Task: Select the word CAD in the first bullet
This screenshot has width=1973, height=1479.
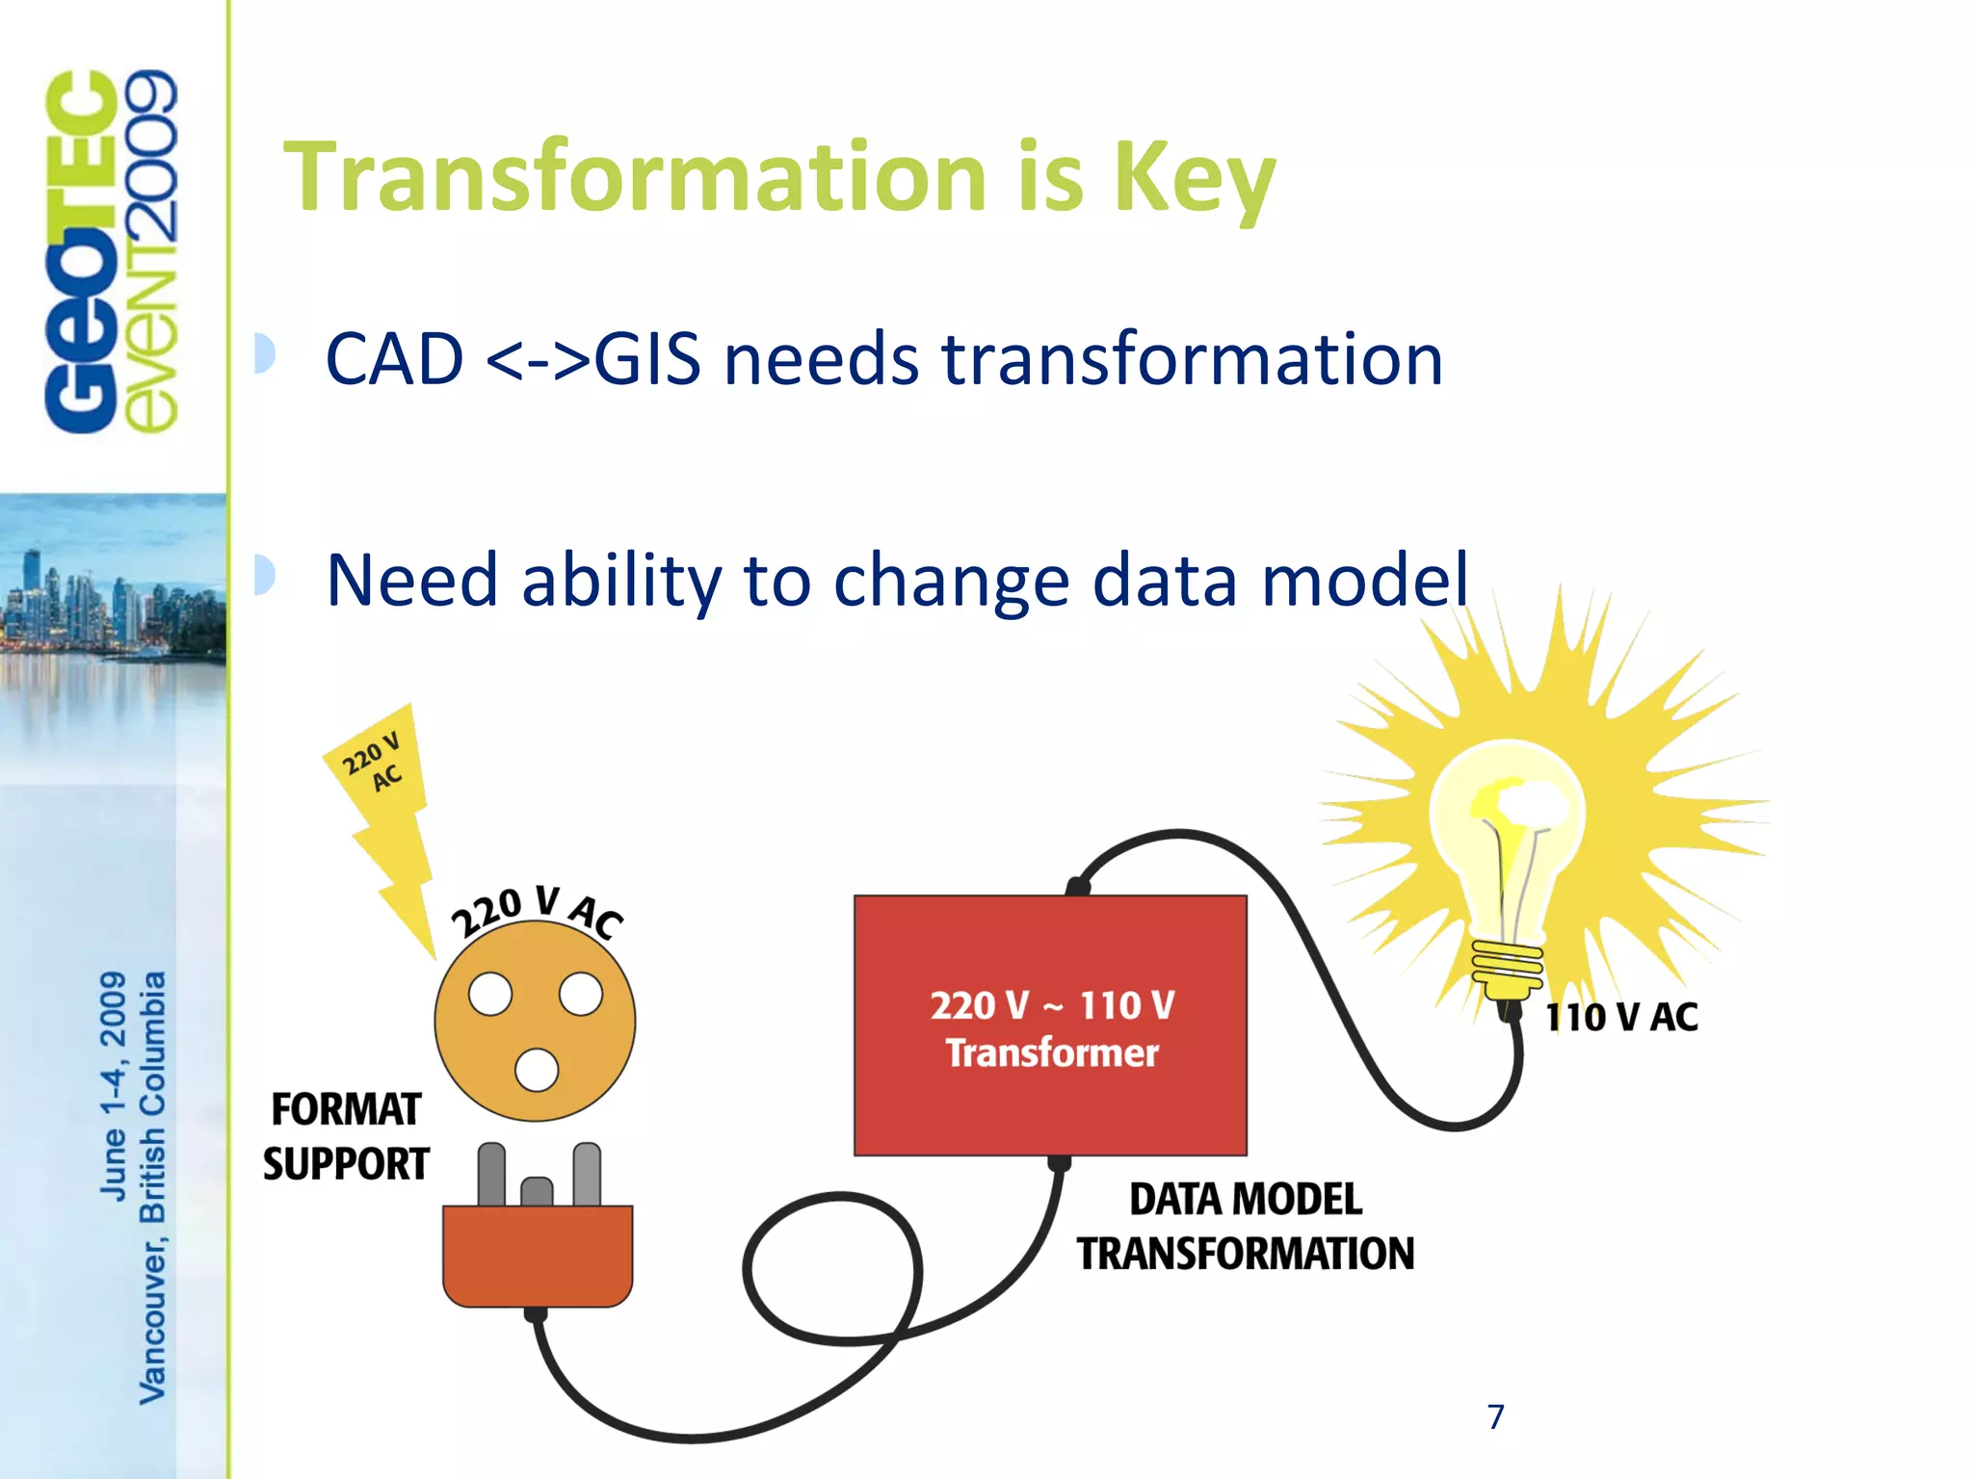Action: click(394, 359)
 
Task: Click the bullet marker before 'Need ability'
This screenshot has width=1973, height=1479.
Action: click(265, 576)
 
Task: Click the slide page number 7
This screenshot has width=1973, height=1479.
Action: click(1495, 1416)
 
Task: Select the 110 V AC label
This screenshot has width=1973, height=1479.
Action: click(1621, 1018)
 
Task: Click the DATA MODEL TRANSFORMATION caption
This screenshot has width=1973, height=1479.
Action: click(1245, 1227)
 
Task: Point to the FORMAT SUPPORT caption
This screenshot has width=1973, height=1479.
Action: click(346, 1136)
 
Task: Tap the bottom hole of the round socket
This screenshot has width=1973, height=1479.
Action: click(537, 1070)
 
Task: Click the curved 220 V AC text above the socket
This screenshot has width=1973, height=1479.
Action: click(537, 910)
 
